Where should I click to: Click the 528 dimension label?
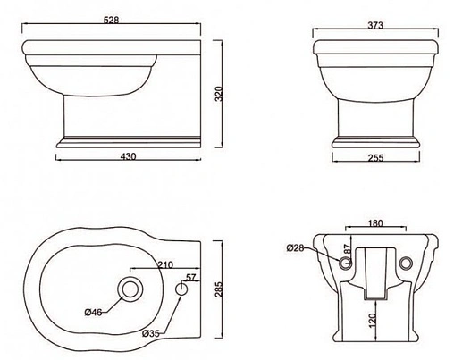click(111, 20)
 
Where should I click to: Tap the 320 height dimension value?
click(219, 94)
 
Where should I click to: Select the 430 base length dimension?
click(128, 156)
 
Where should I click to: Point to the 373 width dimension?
click(375, 25)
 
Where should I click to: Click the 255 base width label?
click(375, 158)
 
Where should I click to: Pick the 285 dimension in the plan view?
click(219, 289)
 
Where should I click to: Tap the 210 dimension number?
click(165, 264)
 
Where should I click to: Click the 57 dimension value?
click(191, 277)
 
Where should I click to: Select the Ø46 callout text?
click(94, 312)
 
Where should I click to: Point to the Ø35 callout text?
click(151, 333)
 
